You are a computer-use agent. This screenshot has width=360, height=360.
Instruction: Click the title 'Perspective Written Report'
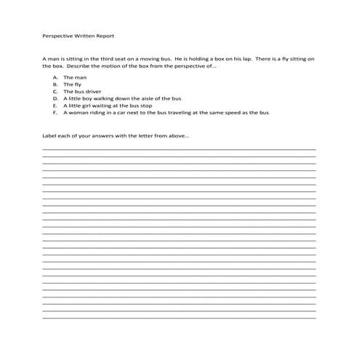point(79,35)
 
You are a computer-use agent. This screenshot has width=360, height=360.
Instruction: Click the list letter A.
point(55,77)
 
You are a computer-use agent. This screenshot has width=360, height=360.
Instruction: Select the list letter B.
point(55,84)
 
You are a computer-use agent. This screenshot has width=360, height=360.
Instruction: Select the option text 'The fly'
point(73,84)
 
